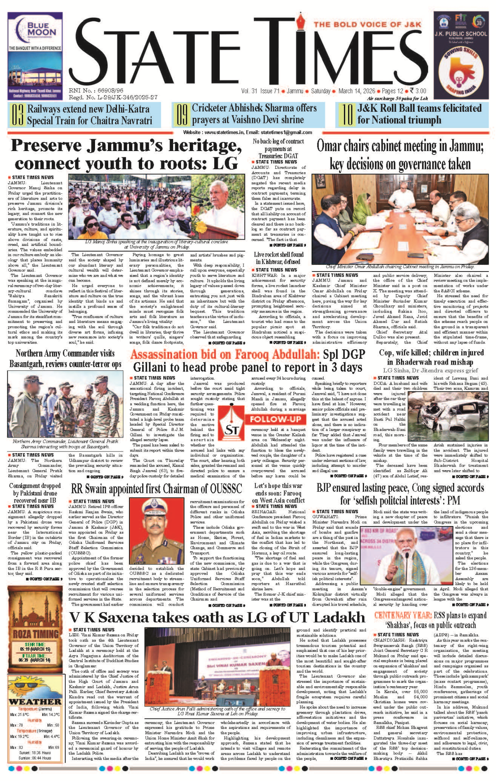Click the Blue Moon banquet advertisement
point(35,55)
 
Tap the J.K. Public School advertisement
point(460,55)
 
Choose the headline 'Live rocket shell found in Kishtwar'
point(279,258)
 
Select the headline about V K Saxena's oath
point(217,617)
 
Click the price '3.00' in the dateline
point(421,91)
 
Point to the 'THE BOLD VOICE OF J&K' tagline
point(367,24)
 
